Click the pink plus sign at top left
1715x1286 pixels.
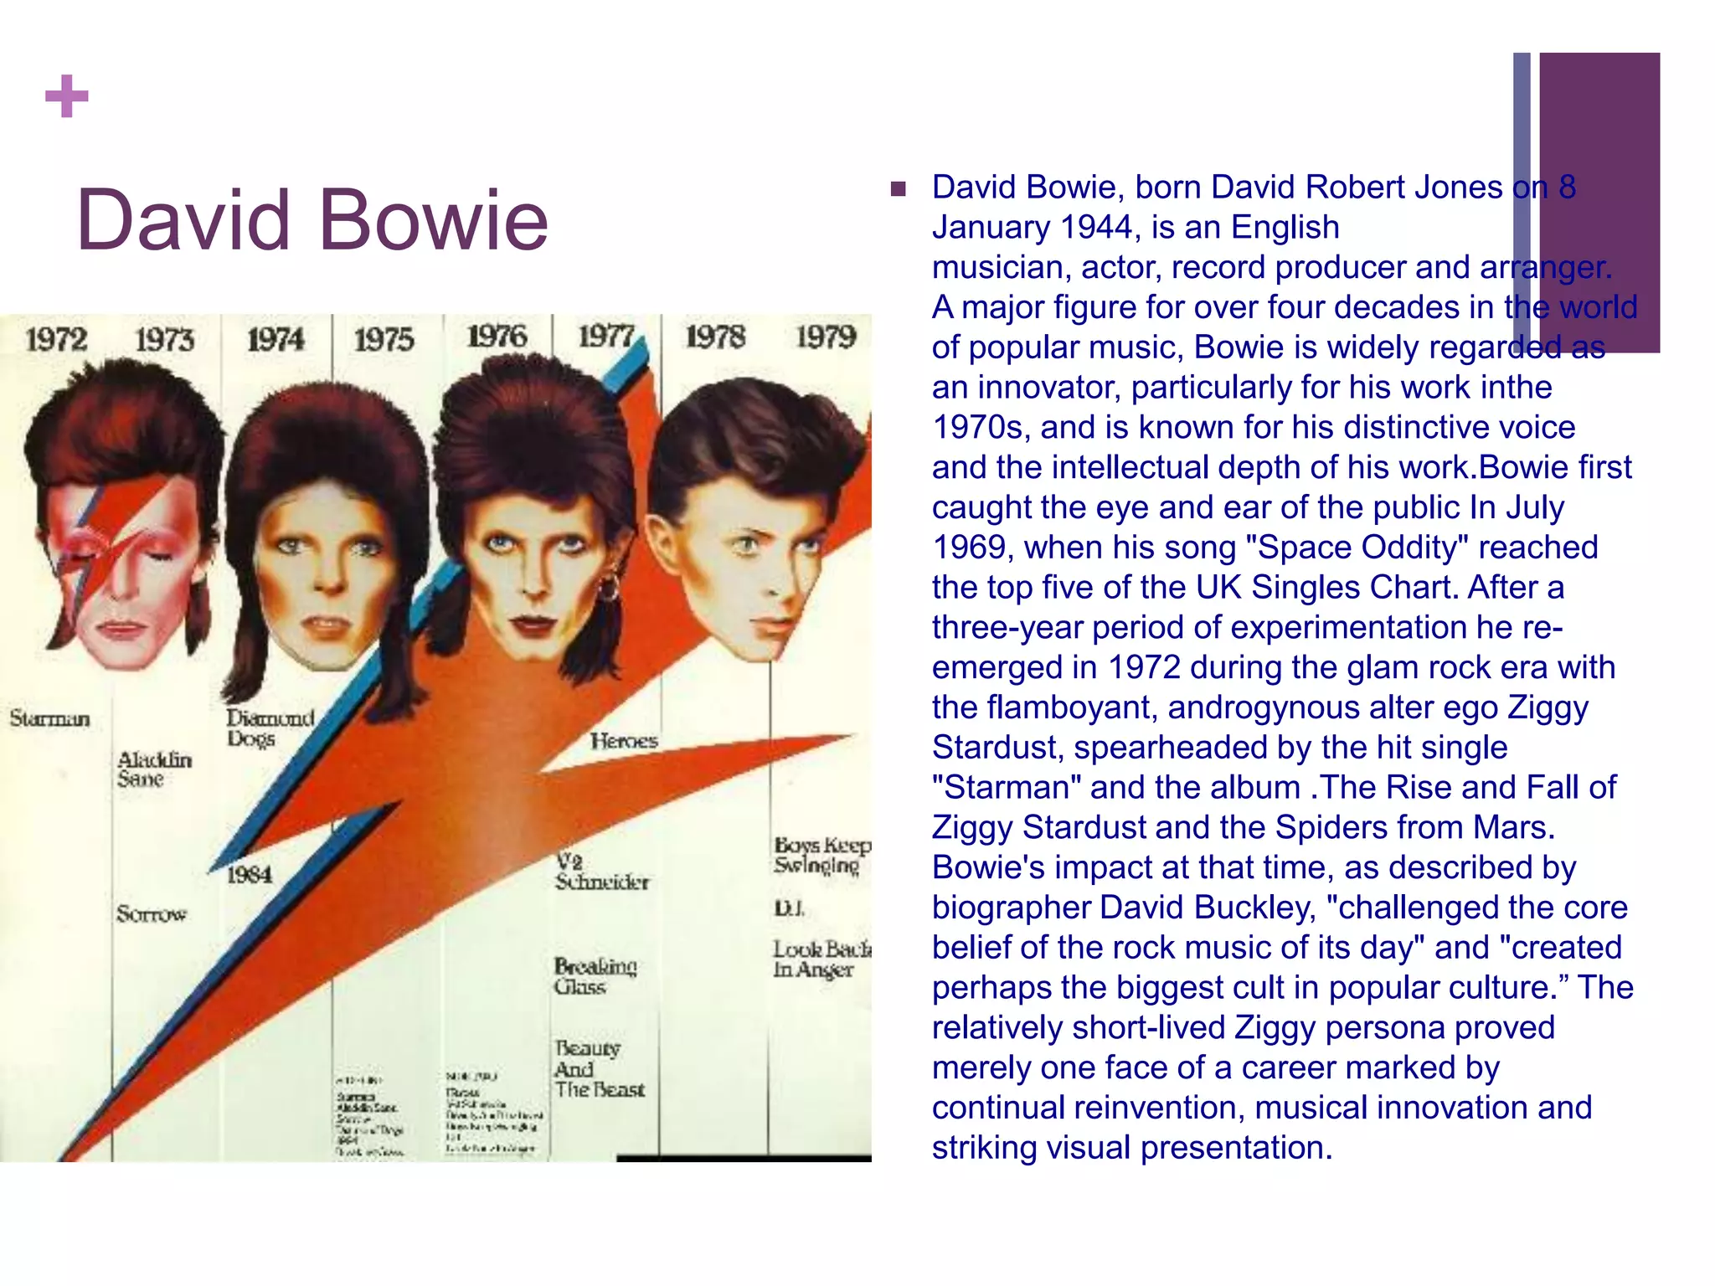coord(66,96)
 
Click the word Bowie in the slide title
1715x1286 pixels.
coord(433,219)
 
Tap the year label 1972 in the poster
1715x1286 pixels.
coord(56,340)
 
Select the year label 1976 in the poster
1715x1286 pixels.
coord(497,337)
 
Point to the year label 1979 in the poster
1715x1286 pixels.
coord(826,337)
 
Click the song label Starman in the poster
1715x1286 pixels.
coord(49,718)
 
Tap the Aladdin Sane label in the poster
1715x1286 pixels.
coord(154,769)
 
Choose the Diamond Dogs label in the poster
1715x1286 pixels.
coord(270,728)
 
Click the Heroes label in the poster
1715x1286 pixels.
coord(624,740)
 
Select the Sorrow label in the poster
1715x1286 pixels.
coord(151,913)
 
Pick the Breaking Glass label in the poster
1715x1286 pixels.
coord(595,976)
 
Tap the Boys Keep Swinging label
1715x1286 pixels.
coord(821,855)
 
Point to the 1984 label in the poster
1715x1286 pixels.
coord(250,875)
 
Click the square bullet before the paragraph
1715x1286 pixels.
coord(899,188)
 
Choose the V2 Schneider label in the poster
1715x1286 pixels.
coord(600,872)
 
